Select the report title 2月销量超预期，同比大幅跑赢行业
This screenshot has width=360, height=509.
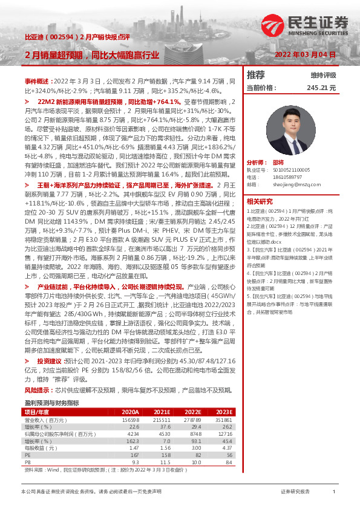[92, 55]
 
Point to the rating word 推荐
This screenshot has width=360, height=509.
[256, 75]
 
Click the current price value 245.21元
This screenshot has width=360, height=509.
[321, 88]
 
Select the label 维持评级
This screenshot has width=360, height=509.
[323, 76]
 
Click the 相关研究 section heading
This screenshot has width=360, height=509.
[260, 201]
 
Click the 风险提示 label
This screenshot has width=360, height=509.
[38, 391]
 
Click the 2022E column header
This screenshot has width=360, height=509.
[190, 412]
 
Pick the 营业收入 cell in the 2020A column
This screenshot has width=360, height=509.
[130, 420]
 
